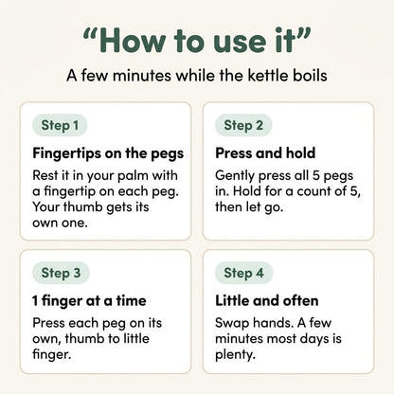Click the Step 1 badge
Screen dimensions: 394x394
click(x=60, y=125)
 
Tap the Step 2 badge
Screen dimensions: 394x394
click(x=243, y=125)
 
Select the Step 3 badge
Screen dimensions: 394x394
click(x=61, y=273)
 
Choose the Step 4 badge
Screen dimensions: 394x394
click(x=243, y=273)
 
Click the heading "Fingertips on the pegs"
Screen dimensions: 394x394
click(x=108, y=153)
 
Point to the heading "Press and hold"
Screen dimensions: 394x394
click(x=265, y=153)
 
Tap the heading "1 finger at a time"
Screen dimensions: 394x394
click(x=89, y=301)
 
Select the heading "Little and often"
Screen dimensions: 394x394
click(x=267, y=300)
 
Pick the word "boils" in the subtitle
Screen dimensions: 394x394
click(x=310, y=76)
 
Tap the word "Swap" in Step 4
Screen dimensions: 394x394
click(x=232, y=323)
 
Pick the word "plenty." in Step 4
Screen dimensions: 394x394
click(x=235, y=355)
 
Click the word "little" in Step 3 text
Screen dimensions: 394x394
click(x=136, y=338)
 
